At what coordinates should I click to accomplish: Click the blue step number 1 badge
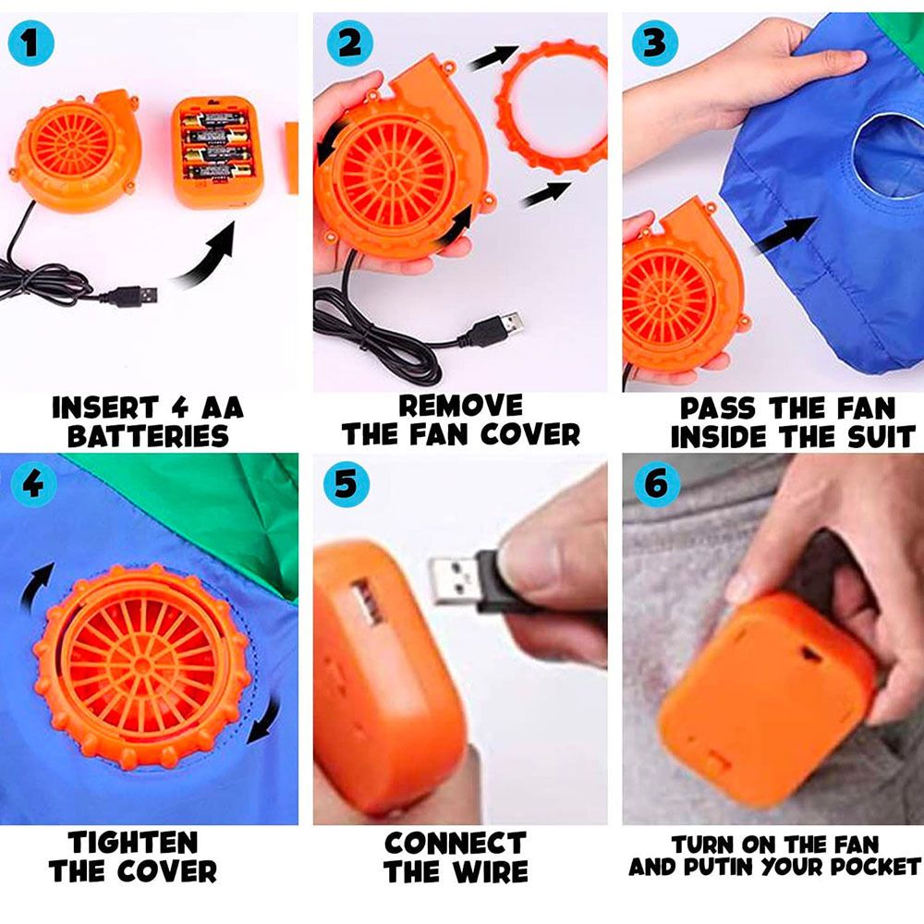(x=30, y=43)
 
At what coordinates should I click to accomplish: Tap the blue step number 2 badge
(x=349, y=43)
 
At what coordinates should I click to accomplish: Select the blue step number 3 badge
(x=655, y=43)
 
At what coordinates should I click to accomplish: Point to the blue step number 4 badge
(x=33, y=484)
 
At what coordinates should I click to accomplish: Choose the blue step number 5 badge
(x=346, y=484)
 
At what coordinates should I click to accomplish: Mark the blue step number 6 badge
(x=657, y=484)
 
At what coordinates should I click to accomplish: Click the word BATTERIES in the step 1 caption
(x=148, y=437)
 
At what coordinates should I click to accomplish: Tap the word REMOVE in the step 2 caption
(x=460, y=406)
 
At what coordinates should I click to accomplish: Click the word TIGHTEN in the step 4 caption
(x=132, y=842)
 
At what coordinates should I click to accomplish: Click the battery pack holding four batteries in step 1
(x=217, y=152)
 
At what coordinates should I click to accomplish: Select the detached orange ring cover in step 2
(x=553, y=106)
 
